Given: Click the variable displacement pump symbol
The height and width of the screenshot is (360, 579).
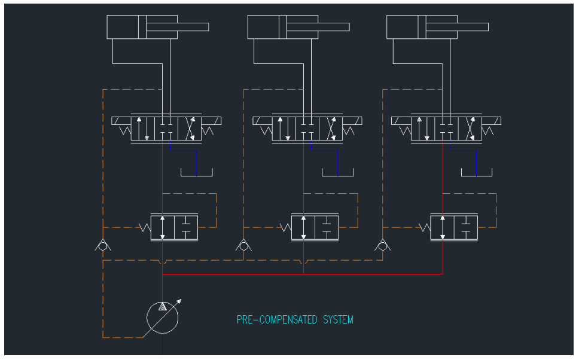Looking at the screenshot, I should [x=162, y=317].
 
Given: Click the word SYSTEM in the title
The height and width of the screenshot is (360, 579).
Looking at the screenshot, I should [x=338, y=320].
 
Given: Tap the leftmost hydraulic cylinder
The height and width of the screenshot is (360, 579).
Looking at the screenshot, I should [x=142, y=27].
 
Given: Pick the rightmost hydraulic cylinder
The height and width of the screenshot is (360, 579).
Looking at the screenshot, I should [x=422, y=27].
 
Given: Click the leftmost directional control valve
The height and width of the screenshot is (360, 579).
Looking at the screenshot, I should [x=166, y=129].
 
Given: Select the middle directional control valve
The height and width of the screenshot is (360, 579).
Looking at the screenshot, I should [x=307, y=129].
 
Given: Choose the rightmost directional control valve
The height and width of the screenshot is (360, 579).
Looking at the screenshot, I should [x=446, y=129].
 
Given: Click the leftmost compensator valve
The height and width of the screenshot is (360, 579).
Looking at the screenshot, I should [x=174, y=227].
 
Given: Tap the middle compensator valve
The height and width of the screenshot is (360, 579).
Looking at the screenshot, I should [x=315, y=227].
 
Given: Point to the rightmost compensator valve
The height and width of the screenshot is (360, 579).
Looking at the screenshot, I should [x=454, y=227].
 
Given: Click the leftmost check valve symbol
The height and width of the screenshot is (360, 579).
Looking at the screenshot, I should [x=103, y=245].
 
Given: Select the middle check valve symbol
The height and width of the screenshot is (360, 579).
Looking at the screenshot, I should [x=243, y=245].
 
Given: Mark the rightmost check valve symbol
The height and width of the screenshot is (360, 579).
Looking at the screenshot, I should [x=382, y=245].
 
